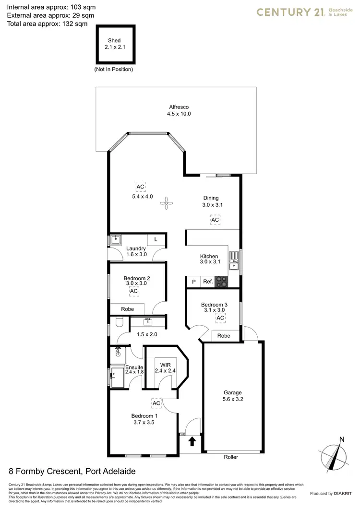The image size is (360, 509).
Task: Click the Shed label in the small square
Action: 114,41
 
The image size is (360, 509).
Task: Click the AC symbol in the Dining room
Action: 215,220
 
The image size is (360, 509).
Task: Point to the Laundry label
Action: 136,249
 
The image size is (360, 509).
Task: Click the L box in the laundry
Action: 156,239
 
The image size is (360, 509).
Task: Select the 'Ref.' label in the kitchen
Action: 208,282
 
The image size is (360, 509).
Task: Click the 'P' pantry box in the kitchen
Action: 194,282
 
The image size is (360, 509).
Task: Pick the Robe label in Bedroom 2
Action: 127,309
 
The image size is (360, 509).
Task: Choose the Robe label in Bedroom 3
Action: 224,336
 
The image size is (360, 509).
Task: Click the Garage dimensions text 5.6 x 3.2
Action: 232,400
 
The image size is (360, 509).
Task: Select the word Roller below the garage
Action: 230,457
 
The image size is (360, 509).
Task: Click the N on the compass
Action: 341,439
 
